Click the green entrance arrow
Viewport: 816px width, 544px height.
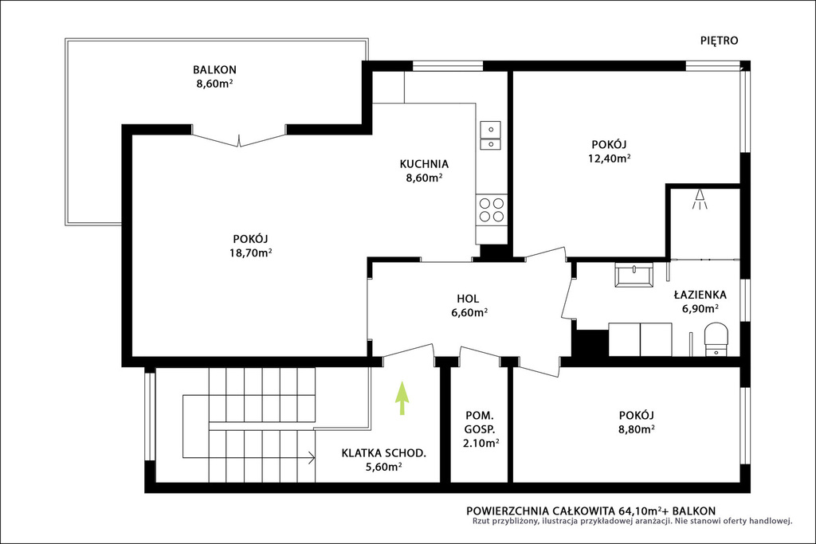click(x=402, y=398)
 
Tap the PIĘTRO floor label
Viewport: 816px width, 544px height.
click(x=720, y=41)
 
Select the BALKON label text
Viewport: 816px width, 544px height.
click(x=214, y=69)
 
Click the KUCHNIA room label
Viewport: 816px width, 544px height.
click(x=424, y=164)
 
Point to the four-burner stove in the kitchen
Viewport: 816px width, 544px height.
click(x=491, y=209)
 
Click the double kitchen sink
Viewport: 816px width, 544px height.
click(x=490, y=135)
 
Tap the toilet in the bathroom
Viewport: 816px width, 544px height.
click(x=716, y=339)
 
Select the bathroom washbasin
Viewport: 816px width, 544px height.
click(x=634, y=275)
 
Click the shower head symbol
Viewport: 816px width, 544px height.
click(x=700, y=199)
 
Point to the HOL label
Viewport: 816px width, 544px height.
click(x=468, y=299)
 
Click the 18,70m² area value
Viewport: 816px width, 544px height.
click(x=252, y=252)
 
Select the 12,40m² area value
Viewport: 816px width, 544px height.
click(x=610, y=159)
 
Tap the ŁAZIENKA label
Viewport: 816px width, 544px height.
click(x=700, y=295)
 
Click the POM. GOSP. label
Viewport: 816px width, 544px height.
click(x=480, y=422)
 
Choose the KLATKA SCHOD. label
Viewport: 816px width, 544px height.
click(x=384, y=453)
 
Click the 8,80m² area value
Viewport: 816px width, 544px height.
click(x=637, y=429)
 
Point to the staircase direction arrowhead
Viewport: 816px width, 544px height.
click(x=312, y=458)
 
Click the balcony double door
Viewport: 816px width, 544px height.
click(x=239, y=139)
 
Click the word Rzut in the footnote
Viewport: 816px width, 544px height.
click(x=481, y=521)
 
